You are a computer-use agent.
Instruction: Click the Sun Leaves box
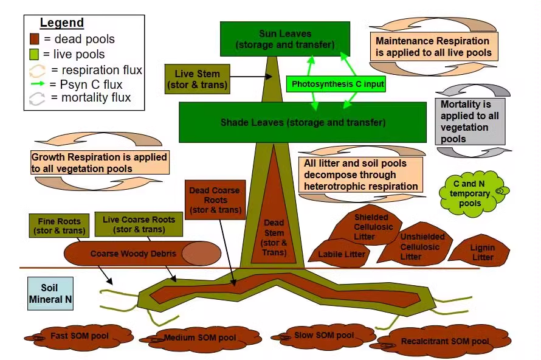pos(284,39)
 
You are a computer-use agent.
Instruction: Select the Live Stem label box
pos(197,79)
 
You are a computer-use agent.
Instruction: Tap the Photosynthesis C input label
pos(337,83)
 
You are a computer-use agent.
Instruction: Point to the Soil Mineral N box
pos(50,293)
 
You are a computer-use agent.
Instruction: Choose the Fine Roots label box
pos(59,225)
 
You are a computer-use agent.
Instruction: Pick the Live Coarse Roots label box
pos(139,224)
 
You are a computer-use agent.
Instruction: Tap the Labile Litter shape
pos(342,253)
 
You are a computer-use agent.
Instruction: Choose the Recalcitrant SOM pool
pos(444,342)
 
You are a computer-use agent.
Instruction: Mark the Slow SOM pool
pos(323,336)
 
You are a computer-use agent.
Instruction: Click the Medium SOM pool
pos(199,337)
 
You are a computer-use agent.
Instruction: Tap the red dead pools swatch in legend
pos(35,39)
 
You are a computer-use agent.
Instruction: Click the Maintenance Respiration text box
pos(433,47)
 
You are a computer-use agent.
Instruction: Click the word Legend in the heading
pos(62,23)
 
